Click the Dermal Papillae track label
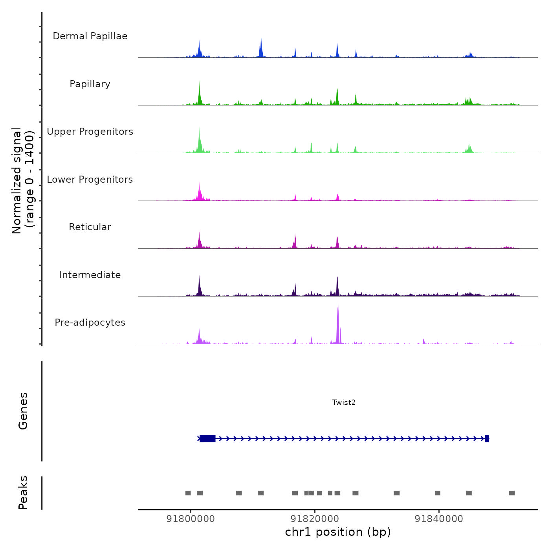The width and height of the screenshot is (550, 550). tap(90, 36)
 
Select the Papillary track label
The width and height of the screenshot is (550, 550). tap(90, 84)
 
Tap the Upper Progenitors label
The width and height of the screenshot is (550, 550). tap(90, 132)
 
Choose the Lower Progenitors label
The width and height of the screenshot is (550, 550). tap(90, 180)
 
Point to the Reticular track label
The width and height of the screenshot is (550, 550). tap(90, 227)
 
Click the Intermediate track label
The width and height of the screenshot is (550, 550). tap(90, 275)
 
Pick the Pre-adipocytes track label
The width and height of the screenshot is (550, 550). tap(90, 323)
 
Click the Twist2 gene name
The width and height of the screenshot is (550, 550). tap(344, 402)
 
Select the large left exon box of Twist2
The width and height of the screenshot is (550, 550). tap(207, 438)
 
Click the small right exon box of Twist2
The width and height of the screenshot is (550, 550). tap(487, 438)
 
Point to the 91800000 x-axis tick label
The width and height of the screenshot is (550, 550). tap(191, 519)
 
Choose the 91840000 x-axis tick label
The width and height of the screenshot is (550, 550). tap(439, 519)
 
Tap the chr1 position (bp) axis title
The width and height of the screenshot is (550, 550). tap(338, 532)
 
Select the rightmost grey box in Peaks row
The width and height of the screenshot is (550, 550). tap(511, 493)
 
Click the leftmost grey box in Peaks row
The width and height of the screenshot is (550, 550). tap(188, 493)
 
